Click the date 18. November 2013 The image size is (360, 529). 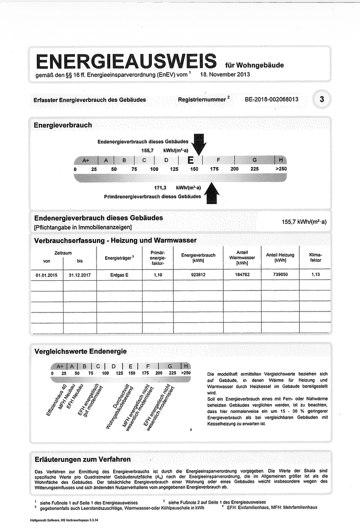coord(225,74)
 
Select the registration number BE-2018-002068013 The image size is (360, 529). coord(272,99)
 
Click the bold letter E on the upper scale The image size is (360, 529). coord(191,160)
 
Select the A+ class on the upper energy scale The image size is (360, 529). coord(86,160)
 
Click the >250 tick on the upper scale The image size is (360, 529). coord(281,169)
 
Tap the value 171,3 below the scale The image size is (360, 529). coord(161,188)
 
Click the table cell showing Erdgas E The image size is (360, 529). coord(120,275)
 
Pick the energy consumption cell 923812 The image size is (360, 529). coord(198,275)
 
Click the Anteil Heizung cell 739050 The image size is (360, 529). coord(280,275)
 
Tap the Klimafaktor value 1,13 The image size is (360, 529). coord(316,275)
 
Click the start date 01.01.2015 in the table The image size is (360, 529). coord(47,275)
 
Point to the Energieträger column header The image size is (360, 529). coord(120,258)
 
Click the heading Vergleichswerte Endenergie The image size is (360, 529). coord(80,351)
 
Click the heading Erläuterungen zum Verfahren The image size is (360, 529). coord(82,459)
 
